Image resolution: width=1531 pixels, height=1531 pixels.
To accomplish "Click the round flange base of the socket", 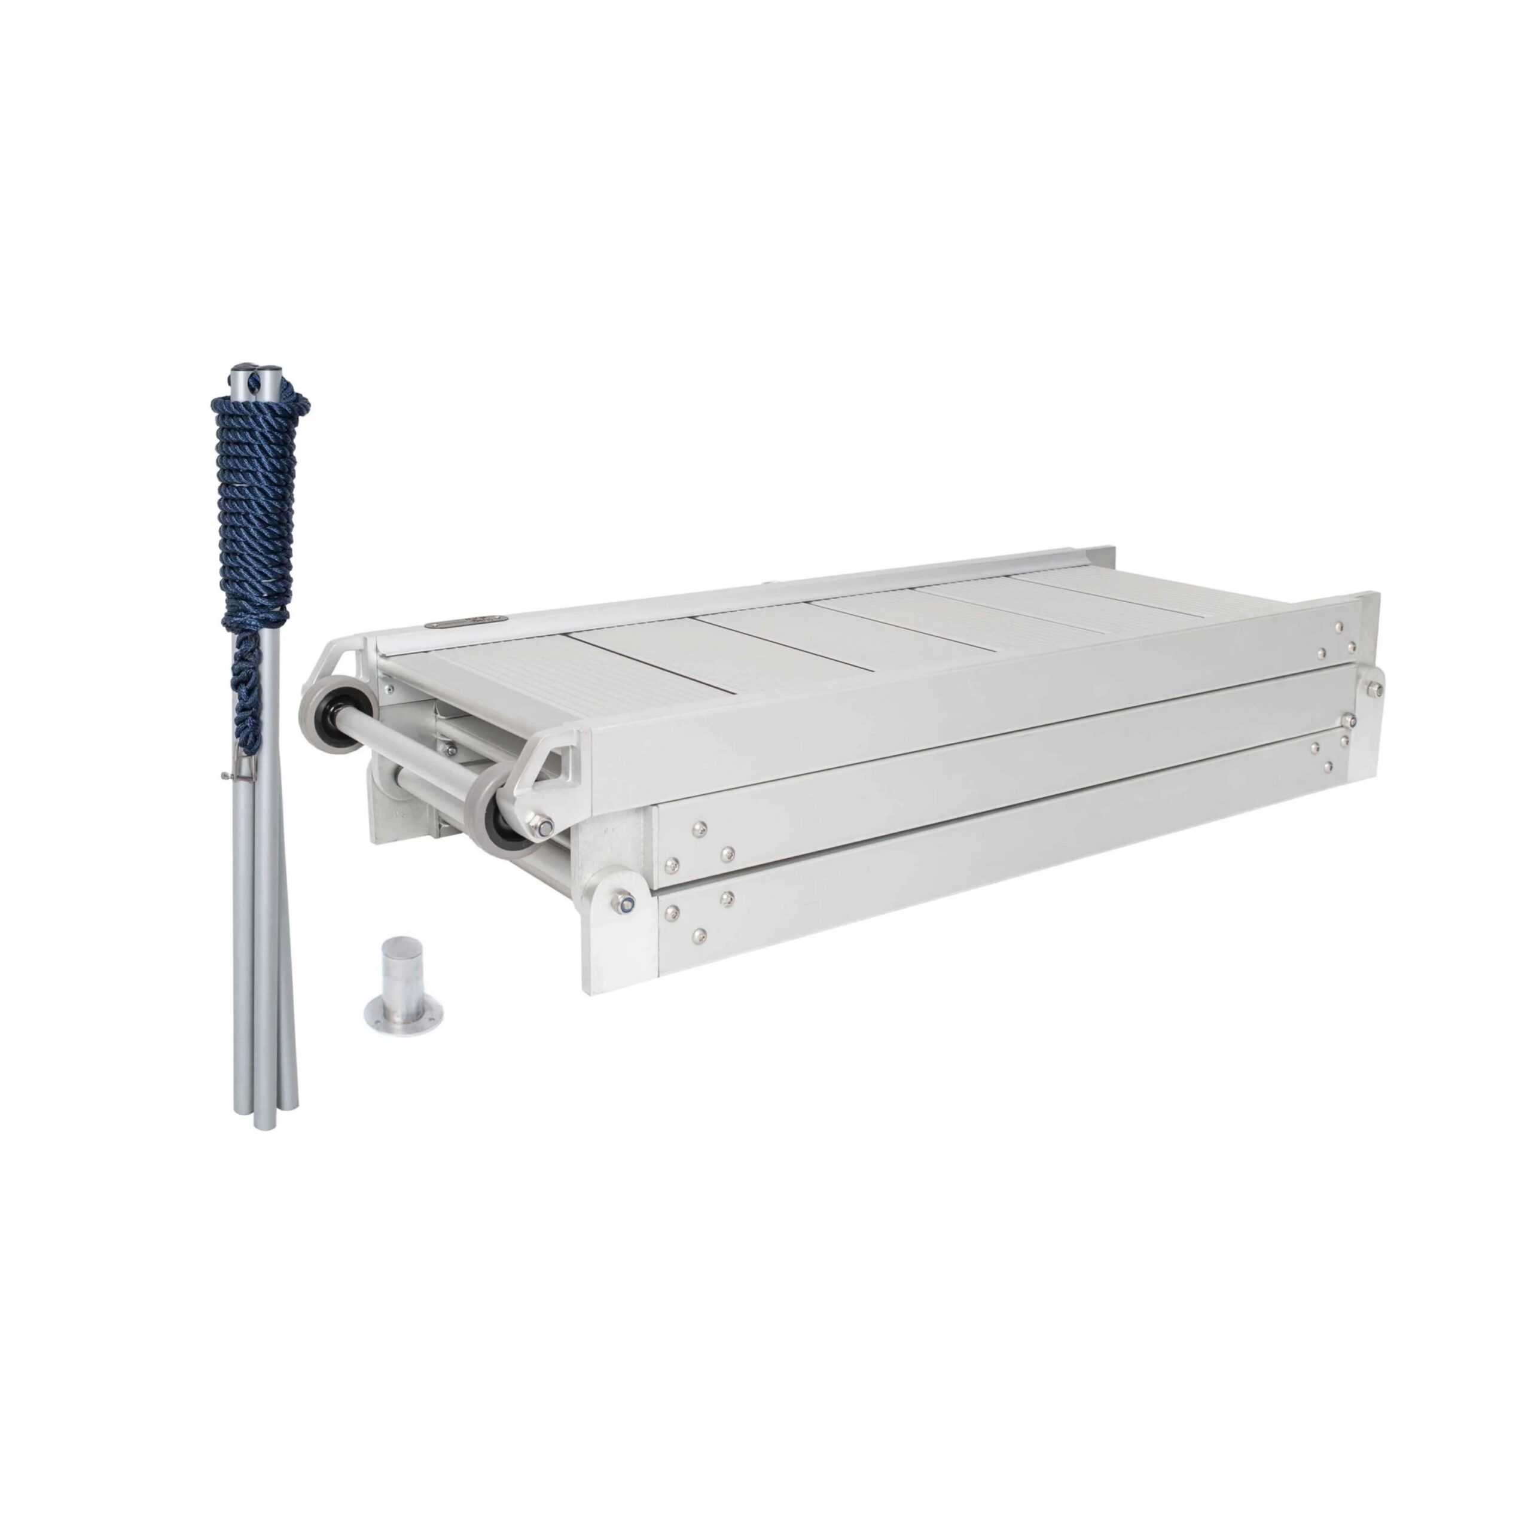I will (402, 1012).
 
